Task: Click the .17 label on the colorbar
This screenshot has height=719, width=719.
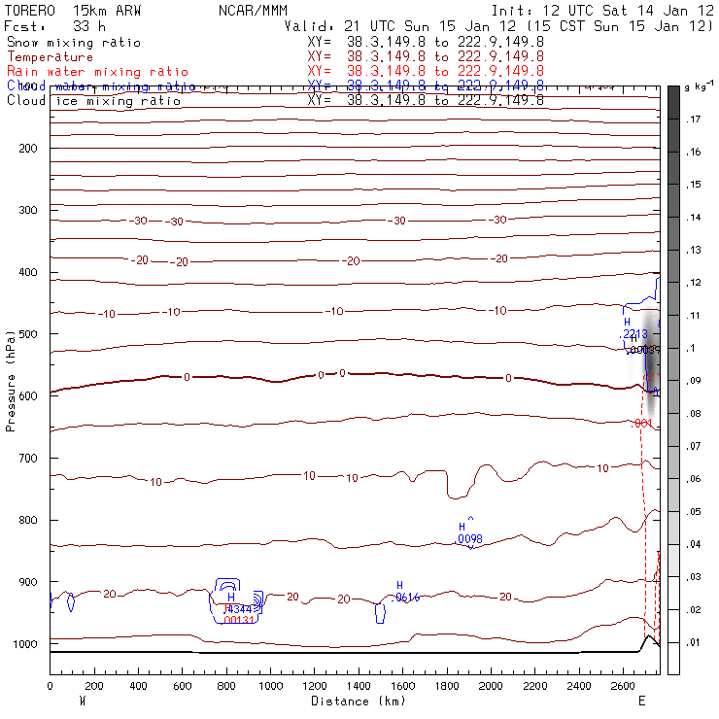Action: pos(694,120)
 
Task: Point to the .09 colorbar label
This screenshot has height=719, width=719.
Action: pos(694,382)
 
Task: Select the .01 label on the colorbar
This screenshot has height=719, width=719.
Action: pos(694,644)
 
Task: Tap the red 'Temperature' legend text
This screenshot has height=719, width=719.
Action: pos(50,57)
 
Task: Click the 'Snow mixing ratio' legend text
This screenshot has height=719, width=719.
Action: pos(74,43)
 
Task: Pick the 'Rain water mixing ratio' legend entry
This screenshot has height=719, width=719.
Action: pos(98,72)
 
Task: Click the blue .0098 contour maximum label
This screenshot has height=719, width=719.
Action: pos(470,538)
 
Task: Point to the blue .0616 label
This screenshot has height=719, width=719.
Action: pos(406,598)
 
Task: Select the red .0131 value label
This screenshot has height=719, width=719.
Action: pos(239,620)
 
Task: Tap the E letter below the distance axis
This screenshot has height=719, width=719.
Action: pos(641,701)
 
